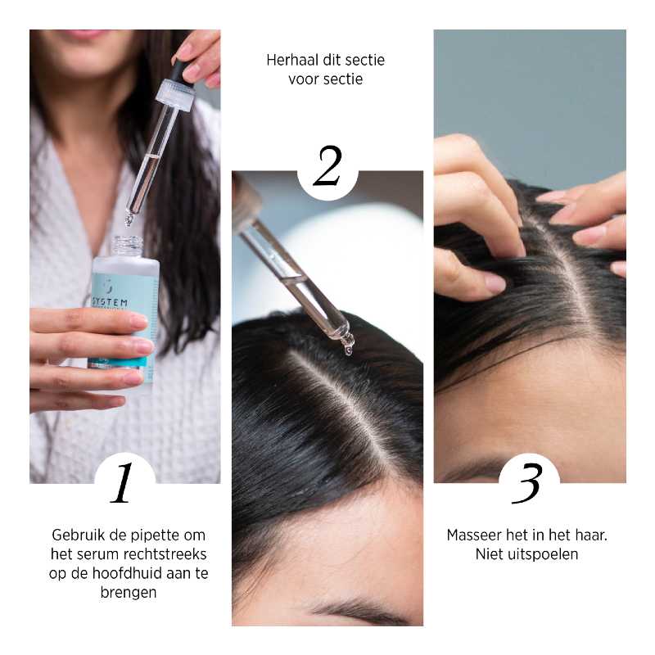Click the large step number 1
point(121,482)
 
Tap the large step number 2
point(327,166)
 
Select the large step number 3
point(527,483)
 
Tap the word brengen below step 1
point(129,593)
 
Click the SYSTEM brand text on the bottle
point(110,302)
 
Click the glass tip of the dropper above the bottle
point(129,219)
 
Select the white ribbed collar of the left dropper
point(174,95)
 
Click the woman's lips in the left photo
point(88,33)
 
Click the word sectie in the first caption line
point(365,60)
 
